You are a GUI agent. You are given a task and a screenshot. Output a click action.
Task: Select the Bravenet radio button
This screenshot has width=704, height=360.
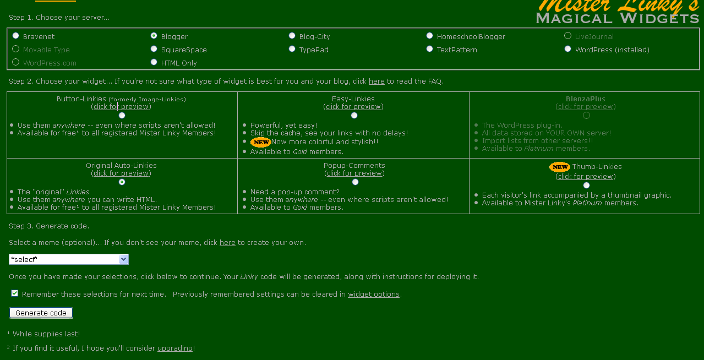pyautogui.click(x=16, y=36)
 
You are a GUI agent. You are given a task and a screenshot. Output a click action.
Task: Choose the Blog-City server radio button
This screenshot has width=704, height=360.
pyautogui.click(x=292, y=36)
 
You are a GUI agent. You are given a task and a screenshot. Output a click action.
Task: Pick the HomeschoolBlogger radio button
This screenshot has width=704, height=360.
pyautogui.click(x=430, y=36)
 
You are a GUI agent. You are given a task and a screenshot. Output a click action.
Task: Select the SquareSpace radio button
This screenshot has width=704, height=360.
pyautogui.click(x=154, y=49)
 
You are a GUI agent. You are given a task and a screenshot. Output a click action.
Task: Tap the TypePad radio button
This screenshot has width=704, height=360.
pyautogui.click(x=292, y=49)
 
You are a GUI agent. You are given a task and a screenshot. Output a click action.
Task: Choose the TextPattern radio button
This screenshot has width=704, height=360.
pyautogui.click(x=430, y=49)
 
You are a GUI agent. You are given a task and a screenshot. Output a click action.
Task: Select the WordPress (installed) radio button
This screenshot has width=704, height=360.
pyautogui.click(x=568, y=49)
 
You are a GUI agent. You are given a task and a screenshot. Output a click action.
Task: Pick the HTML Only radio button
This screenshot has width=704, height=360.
pyautogui.click(x=154, y=62)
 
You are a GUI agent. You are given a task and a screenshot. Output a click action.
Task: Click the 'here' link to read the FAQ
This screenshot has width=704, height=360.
pyautogui.click(x=376, y=81)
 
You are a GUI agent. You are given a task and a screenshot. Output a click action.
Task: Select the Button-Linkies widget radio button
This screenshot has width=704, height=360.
pyautogui.click(x=122, y=115)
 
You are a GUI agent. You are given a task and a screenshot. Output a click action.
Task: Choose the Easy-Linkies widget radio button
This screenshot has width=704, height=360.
pyautogui.click(x=354, y=115)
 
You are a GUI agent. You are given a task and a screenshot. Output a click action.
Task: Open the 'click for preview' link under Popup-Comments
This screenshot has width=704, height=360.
pyautogui.click(x=355, y=173)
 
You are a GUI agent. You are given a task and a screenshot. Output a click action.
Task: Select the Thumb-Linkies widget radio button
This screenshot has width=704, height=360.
pyautogui.click(x=586, y=185)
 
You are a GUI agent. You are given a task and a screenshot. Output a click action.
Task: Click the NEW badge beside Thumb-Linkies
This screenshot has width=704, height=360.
pyautogui.click(x=560, y=167)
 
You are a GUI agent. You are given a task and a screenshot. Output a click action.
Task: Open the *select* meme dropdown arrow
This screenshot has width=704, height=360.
pyautogui.click(x=123, y=259)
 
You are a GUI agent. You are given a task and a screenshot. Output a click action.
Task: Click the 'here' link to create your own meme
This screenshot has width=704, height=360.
pyautogui.click(x=227, y=243)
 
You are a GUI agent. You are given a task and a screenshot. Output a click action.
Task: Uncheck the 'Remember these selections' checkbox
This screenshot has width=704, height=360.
pyautogui.click(x=15, y=293)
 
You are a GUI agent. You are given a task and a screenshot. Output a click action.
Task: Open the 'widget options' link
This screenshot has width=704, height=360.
pyautogui.click(x=374, y=294)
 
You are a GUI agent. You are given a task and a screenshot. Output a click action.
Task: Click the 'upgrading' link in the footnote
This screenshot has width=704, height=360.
pyautogui.click(x=175, y=348)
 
